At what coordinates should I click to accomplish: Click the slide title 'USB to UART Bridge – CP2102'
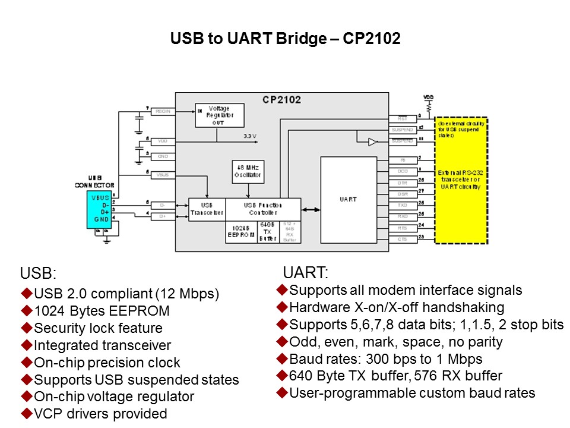click(285, 39)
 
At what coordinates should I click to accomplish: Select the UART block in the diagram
click(349, 199)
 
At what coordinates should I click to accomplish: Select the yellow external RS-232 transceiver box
click(461, 180)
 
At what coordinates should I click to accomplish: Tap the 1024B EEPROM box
click(240, 232)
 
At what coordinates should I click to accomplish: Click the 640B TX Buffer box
click(268, 232)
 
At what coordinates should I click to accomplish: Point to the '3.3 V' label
click(251, 136)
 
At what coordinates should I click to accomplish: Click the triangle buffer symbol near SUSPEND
click(372, 141)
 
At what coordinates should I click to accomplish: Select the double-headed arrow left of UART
click(311, 209)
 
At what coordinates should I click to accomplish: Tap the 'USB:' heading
click(37, 273)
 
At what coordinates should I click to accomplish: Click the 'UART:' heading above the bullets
click(305, 273)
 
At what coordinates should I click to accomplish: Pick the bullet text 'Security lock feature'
click(98, 328)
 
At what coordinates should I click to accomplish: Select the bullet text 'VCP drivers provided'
click(100, 414)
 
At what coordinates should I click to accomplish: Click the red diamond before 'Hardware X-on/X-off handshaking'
click(281, 307)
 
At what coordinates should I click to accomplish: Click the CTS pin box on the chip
click(402, 239)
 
